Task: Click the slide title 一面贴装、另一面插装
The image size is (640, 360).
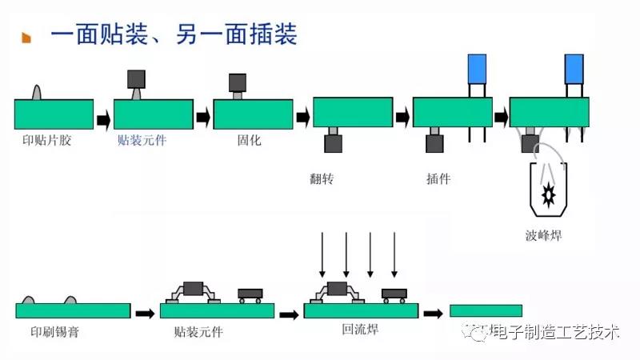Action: click(174, 35)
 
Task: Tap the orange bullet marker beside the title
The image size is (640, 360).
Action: click(26, 38)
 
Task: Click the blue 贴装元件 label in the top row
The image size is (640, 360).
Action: click(142, 140)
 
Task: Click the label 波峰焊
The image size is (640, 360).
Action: click(544, 235)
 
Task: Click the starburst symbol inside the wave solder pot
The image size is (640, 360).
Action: click(549, 193)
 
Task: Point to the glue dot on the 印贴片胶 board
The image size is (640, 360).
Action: click(37, 92)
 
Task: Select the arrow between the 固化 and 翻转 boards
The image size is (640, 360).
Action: click(302, 118)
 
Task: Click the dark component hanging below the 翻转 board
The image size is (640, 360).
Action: click(333, 143)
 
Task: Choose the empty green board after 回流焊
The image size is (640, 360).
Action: click(486, 310)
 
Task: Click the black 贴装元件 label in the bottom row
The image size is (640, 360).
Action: click(198, 331)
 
